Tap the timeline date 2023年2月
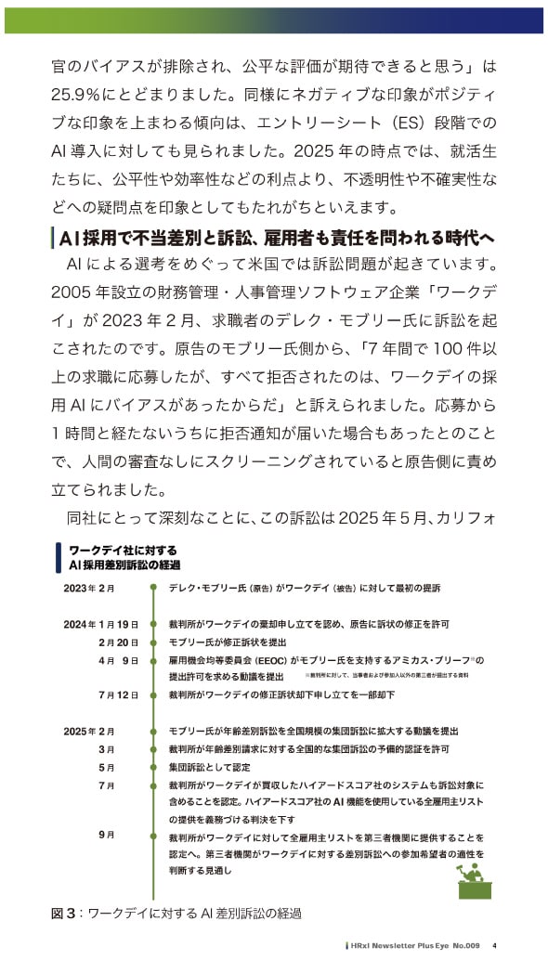(x=89, y=589)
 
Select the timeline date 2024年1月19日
(x=100, y=624)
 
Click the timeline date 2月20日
(x=118, y=642)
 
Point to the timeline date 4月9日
(x=118, y=660)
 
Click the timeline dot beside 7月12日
(x=152, y=694)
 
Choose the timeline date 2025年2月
(x=89, y=731)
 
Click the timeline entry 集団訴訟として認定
(x=210, y=767)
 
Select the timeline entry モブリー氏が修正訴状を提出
(x=228, y=642)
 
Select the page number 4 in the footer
(x=495, y=946)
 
